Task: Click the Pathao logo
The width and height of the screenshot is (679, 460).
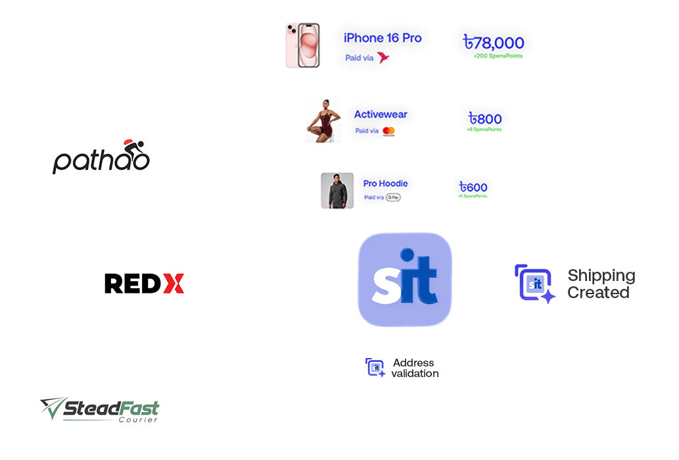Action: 101,158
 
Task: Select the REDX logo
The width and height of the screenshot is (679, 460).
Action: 144,283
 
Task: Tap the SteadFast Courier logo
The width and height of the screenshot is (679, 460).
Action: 100,410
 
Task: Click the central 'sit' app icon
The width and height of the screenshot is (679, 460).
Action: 404,279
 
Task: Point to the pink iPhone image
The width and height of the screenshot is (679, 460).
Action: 302,46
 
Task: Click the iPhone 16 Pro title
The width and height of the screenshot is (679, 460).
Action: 382,38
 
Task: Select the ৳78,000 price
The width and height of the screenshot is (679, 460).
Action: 494,43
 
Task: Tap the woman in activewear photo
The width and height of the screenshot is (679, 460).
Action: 323,122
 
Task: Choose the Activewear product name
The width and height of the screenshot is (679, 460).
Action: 381,115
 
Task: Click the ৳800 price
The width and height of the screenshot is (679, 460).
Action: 485,119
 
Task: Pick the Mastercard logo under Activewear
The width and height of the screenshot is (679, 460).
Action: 388,132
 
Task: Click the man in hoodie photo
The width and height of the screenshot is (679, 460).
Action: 337,191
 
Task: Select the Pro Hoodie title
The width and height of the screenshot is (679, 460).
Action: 385,184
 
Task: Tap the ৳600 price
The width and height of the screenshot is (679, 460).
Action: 473,188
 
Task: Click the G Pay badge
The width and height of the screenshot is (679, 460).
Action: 393,197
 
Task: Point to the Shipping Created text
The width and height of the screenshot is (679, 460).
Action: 601,284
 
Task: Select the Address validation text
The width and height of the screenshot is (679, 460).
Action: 414,368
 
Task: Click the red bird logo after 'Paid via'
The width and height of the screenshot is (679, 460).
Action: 383,58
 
